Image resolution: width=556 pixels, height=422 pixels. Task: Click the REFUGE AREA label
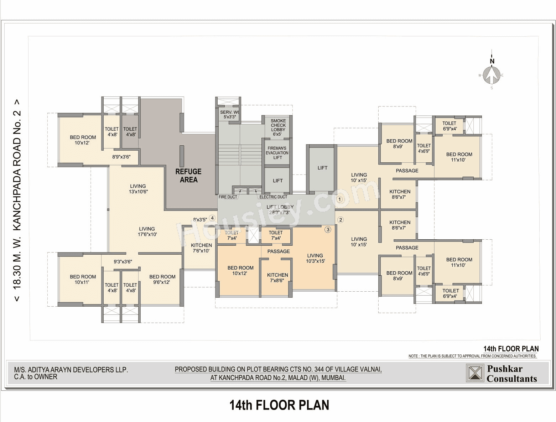188,176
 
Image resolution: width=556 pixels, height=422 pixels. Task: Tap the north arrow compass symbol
492,75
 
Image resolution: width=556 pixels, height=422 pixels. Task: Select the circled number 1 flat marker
339,199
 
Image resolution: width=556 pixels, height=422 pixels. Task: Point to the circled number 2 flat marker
341,220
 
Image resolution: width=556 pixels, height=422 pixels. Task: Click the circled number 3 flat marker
328,230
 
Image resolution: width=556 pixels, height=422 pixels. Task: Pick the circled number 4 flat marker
212,218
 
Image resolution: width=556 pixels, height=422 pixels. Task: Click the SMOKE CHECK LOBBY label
278,127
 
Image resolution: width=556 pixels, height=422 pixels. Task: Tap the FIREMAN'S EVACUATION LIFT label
277,153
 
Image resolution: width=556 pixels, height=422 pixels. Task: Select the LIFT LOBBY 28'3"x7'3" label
280,209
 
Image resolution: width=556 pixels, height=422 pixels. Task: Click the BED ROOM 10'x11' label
83,279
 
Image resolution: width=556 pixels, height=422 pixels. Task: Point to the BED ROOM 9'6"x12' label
162,279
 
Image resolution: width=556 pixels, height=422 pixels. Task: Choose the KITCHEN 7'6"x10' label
201,248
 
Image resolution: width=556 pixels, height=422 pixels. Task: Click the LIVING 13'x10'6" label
138,189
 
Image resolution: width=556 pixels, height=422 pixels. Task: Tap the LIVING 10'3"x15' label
315,258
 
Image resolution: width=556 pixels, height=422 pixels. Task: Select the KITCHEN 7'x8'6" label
277,277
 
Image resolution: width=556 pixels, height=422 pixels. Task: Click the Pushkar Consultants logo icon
475,373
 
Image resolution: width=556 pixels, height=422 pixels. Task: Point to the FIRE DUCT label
228,197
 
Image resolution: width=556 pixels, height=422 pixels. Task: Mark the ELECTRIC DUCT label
273,197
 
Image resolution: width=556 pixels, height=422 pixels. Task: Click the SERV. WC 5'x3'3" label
229,114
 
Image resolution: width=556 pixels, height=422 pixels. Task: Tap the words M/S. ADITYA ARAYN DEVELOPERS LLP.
71,370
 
